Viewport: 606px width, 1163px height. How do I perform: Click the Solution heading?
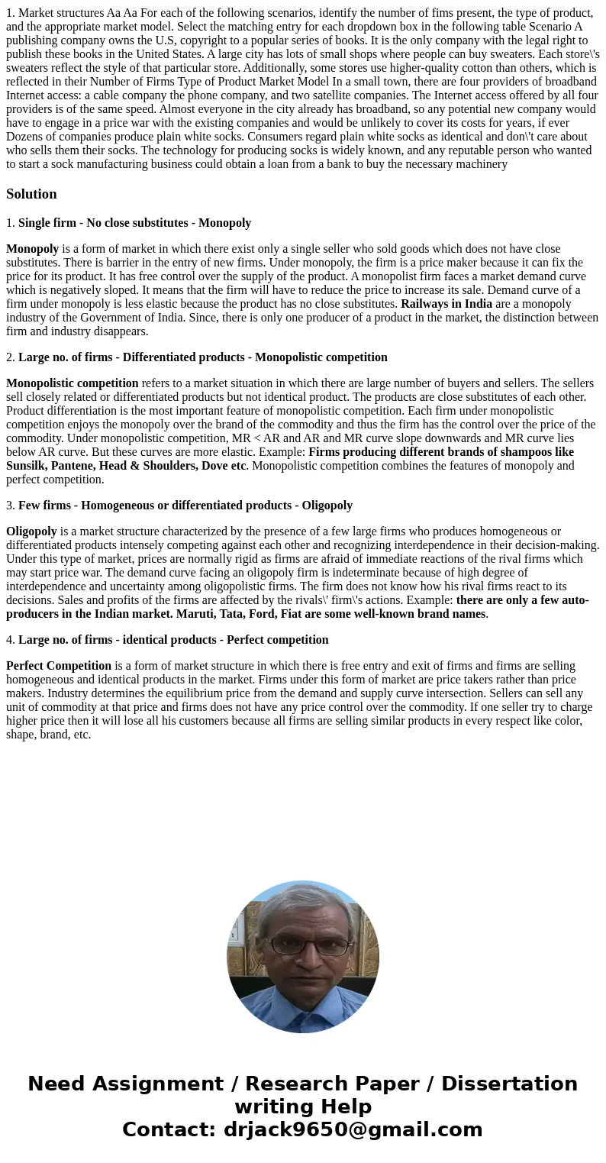pyautogui.click(x=31, y=194)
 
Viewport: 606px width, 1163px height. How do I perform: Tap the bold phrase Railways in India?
pyautogui.click(x=446, y=304)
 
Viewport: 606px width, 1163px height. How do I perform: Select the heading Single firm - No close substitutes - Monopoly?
pyautogui.click(x=134, y=223)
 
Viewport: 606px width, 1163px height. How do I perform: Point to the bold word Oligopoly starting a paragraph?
pyautogui.click(x=31, y=531)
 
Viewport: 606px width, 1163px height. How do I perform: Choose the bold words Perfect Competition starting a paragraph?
pyautogui.click(x=59, y=666)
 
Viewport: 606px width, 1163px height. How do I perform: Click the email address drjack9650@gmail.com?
pyautogui.click(x=353, y=1129)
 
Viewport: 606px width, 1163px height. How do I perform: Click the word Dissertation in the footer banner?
pyautogui.click(x=509, y=1084)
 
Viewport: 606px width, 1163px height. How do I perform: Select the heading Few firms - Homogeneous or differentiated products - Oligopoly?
pyautogui.click(x=185, y=506)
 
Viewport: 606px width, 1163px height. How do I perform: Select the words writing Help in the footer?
pyautogui.click(x=303, y=1106)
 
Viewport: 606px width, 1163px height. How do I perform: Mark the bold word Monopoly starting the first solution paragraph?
pyautogui.click(x=33, y=249)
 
